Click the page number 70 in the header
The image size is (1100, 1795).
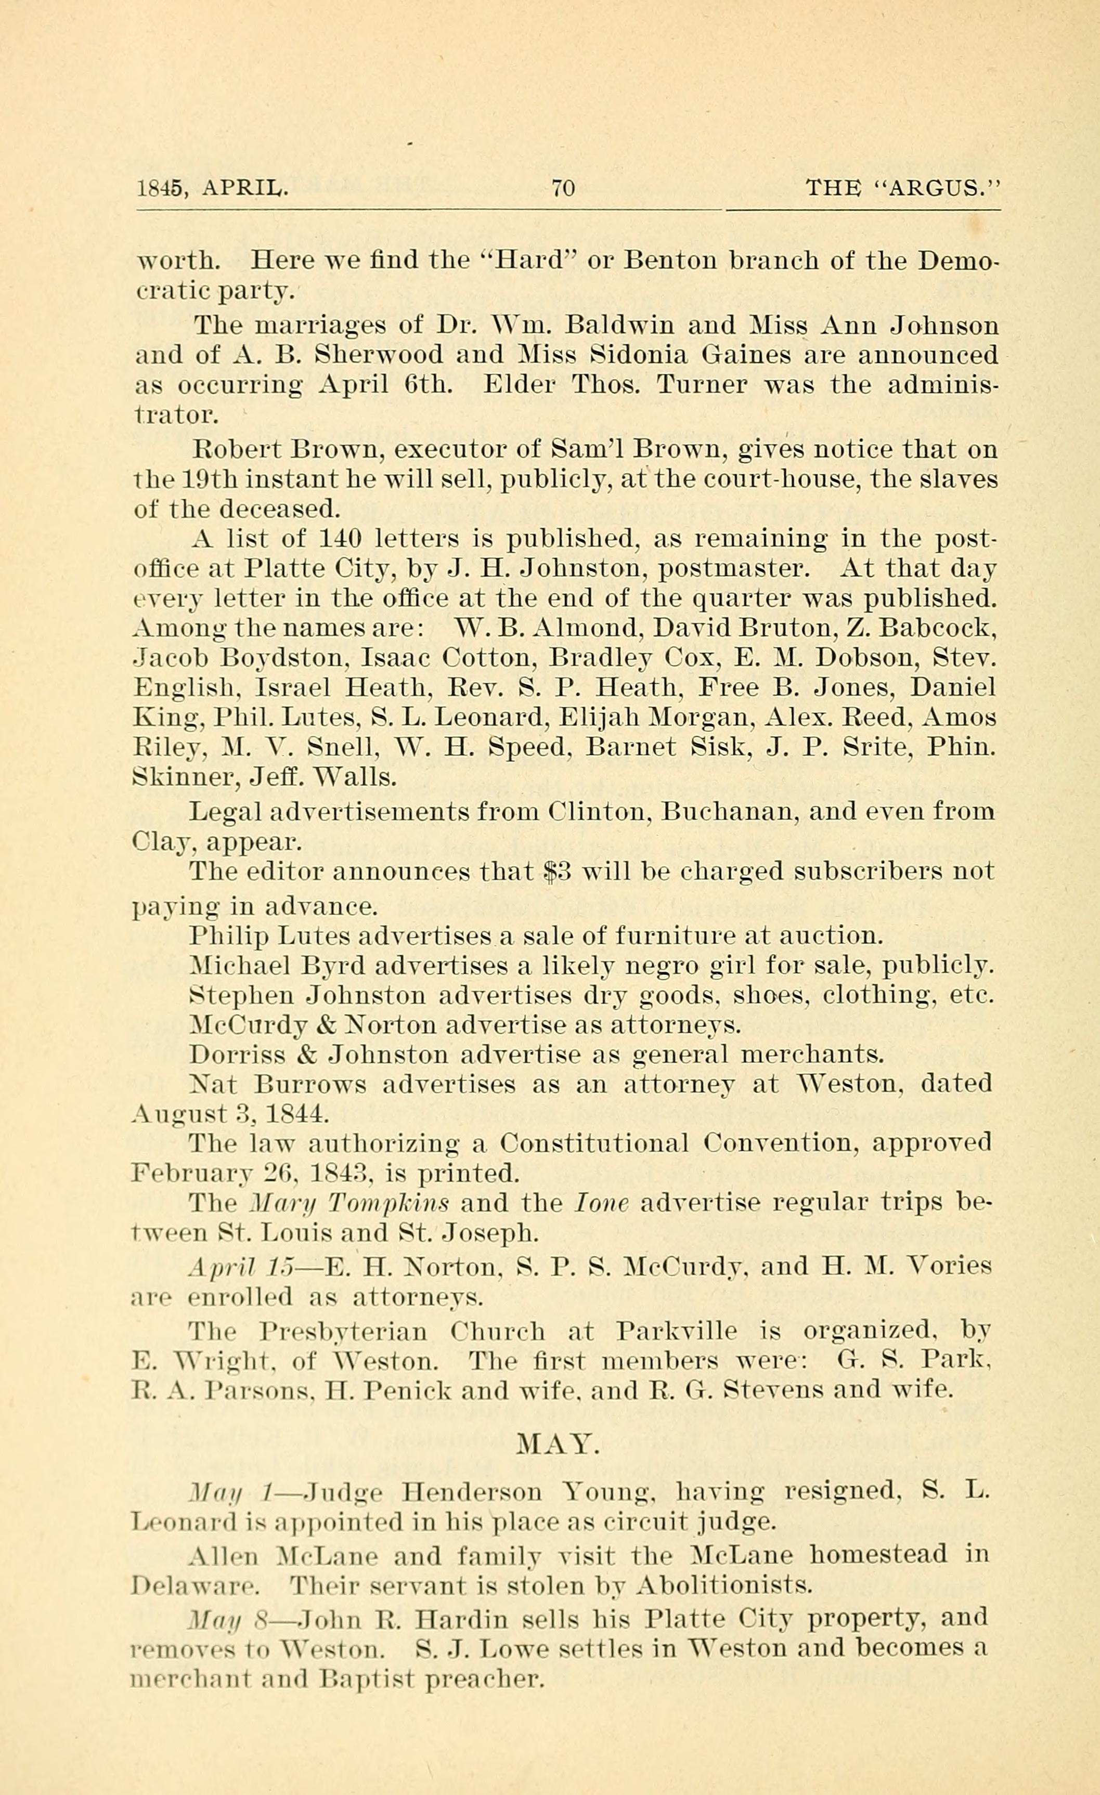click(563, 189)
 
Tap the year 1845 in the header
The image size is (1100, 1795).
click(159, 189)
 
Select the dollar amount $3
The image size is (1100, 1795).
click(558, 872)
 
